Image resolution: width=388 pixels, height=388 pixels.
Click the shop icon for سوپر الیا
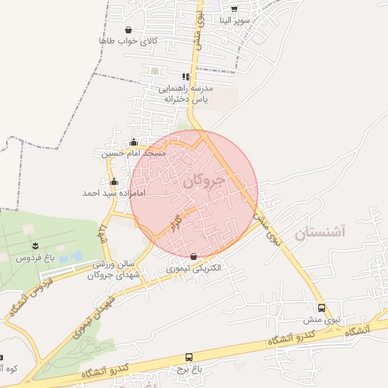233,8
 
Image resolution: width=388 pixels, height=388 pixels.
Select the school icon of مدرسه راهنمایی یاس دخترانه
185,77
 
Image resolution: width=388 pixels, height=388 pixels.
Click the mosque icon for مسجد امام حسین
134,142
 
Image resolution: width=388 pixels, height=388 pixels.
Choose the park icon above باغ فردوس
35,244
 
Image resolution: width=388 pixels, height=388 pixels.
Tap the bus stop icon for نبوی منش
322,308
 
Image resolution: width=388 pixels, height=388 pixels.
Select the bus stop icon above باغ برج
189,357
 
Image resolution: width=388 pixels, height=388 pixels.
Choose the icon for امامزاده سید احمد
114,182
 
